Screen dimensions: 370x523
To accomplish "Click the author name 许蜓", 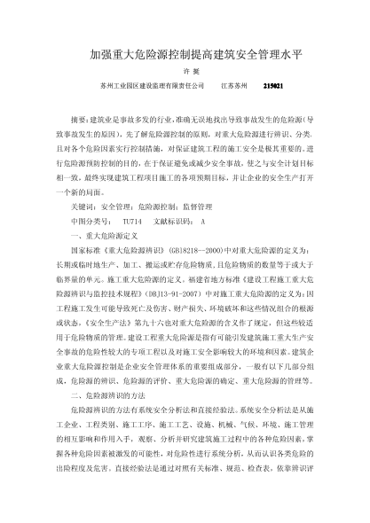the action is click(x=185, y=72).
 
